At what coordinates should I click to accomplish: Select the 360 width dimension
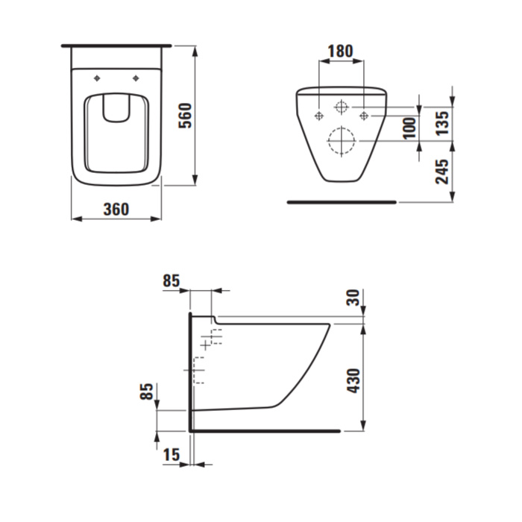(x=116, y=210)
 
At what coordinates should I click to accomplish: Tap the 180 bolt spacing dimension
(x=340, y=52)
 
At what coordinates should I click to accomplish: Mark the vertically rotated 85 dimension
(x=147, y=392)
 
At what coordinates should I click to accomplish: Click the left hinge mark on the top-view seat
(x=98, y=78)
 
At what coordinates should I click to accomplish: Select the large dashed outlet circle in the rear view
(x=342, y=141)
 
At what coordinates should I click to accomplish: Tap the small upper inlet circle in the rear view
(x=342, y=107)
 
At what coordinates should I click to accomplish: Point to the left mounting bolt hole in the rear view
(x=319, y=116)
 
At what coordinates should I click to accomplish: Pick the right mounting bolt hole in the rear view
(x=364, y=116)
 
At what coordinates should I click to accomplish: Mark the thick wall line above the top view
(x=116, y=45)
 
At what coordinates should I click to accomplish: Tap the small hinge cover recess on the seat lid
(x=116, y=109)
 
